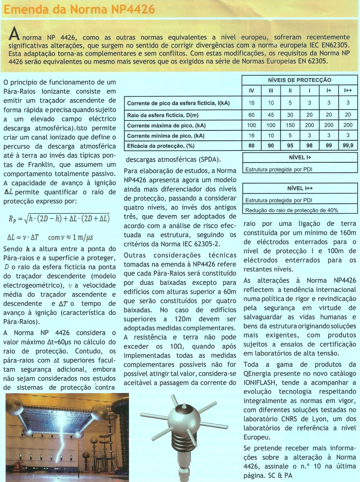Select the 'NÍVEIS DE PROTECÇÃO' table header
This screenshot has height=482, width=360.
tap(300, 80)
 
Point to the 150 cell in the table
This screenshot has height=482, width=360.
tap(290, 125)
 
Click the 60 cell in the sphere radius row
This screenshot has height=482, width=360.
tap(251, 115)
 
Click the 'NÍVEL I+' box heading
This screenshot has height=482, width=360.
tap(300, 158)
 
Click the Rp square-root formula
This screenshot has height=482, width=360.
tap(59, 218)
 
